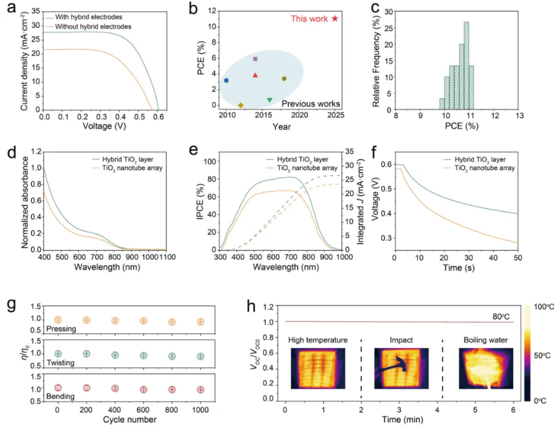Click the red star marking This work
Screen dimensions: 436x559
pyautogui.click(x=335, y=18)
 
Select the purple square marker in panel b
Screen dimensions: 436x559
pyautogui.click(x=255, y=59)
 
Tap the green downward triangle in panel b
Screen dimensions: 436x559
pyautogui.click(x=270, y=100)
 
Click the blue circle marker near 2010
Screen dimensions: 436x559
pyautogui.click(x=226, y=80)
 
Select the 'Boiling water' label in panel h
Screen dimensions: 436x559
pyautogui.click(x=480, y=339)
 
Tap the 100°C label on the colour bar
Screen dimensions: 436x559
pyautogui.click(x=544, y=308)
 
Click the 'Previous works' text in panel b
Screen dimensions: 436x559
pyautogui.click(x=310, y=104)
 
